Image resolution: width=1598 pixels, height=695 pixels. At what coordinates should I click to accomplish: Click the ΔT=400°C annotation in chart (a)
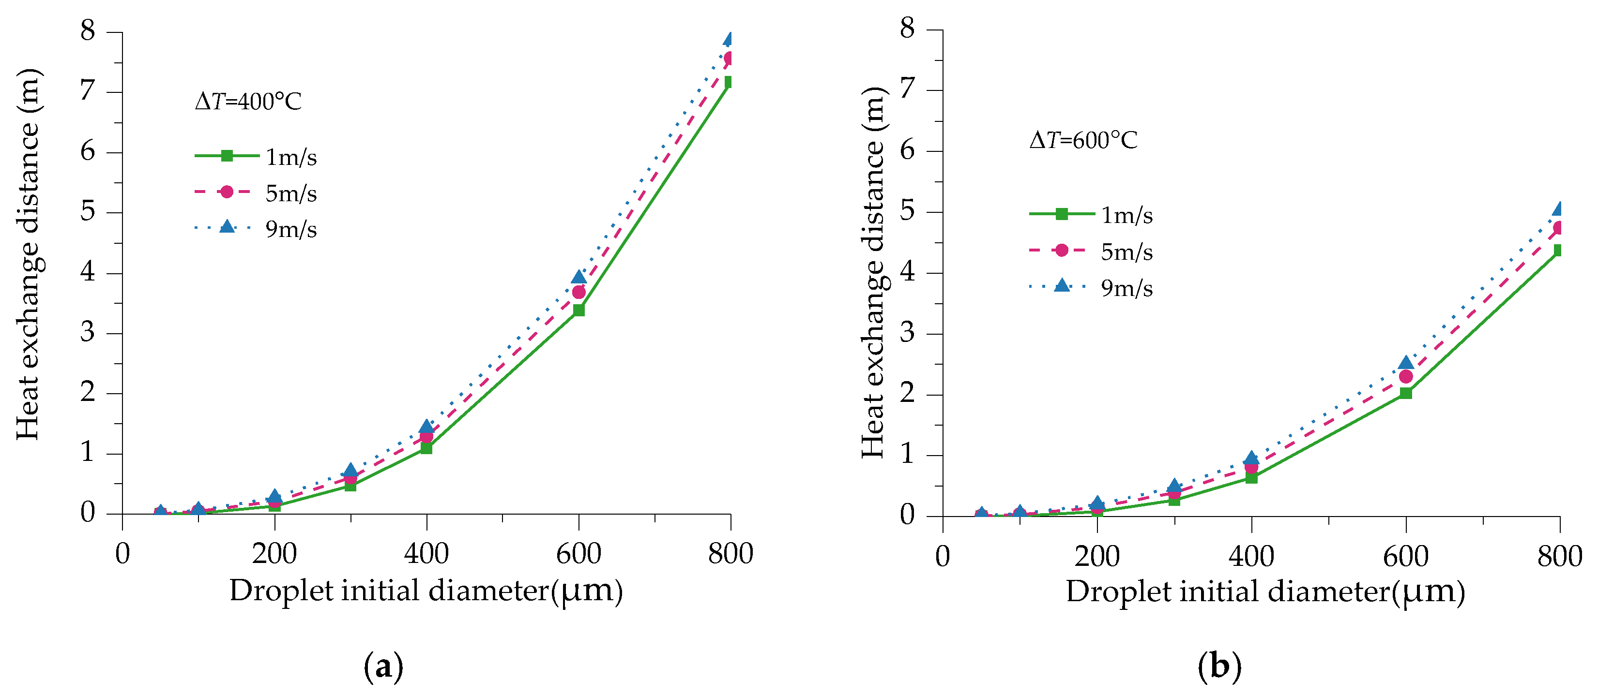click(248, 101)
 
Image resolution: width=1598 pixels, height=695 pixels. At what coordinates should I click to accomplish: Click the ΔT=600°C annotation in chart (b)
click(1083, 140)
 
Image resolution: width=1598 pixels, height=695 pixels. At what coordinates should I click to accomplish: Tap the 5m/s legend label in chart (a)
click(291, 193)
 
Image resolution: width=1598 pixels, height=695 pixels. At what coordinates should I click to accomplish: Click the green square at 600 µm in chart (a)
click(579, 310)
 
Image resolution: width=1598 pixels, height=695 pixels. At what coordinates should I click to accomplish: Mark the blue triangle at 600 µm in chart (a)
click(579, 277)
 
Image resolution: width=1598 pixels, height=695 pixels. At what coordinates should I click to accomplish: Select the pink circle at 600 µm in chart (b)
click(1406, 376)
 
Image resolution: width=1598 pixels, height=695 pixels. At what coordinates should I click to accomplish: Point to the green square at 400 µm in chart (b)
click(1251, 477)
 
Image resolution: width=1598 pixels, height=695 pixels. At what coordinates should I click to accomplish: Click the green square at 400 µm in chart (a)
click(426, 448)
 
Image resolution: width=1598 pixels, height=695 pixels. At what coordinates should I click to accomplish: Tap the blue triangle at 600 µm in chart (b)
click(1406, 363)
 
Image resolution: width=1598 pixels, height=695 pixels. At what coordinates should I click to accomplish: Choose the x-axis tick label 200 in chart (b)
click(1097, 556)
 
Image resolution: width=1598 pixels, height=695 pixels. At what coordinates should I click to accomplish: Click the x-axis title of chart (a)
click(426, 590)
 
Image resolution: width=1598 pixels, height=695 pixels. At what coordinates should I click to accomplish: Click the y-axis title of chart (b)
click(873, 273)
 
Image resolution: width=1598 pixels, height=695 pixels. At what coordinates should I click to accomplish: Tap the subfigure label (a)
click(383, 667)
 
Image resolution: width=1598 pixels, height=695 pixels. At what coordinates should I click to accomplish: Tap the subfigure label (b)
click(1219, 667)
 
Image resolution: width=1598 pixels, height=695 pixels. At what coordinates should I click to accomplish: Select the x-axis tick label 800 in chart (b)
click(1559, 556)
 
